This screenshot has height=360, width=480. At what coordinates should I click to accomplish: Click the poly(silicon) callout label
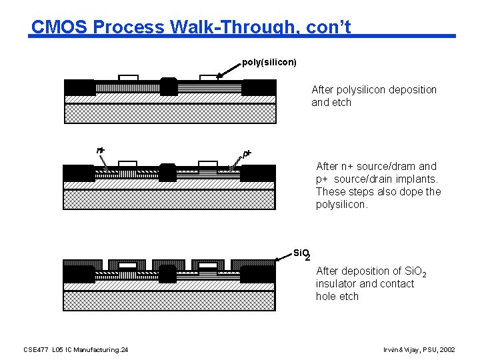coord(269,62)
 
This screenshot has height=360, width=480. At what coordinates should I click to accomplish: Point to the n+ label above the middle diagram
coord(101,151)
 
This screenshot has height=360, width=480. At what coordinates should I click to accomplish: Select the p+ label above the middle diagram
coord(247,153)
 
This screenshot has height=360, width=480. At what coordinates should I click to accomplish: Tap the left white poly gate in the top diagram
coord(128,78)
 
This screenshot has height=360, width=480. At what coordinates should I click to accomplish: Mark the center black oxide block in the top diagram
coord(169,86)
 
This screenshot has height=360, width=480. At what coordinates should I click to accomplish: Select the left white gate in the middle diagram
coord(127,164)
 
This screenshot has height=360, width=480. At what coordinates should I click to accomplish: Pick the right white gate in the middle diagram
coord(208,164)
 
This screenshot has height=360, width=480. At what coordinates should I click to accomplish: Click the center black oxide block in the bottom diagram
coord(168,273)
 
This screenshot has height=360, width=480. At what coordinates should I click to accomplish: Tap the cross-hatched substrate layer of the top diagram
coord(169,113)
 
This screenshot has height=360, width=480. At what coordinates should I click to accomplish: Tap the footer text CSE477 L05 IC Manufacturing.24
coord(76,349)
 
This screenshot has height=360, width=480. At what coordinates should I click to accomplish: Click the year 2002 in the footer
coord(447,349)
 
